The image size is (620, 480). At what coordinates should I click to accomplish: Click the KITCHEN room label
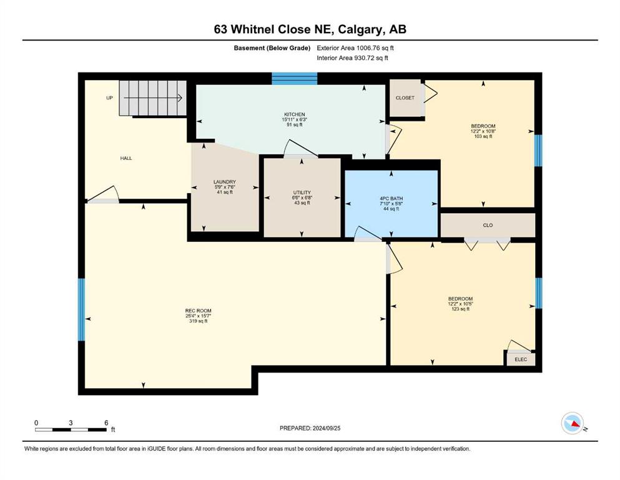coord(295,114)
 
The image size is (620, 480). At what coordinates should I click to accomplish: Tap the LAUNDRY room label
coord(225,182)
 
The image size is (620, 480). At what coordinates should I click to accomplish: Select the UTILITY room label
coord(302,192)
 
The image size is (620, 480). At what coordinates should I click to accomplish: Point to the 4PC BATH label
coord(391,199)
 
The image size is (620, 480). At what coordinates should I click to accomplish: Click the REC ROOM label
coord(199,311)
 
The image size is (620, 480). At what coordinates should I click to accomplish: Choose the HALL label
coord(126,158)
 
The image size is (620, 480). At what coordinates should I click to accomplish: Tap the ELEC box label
coord(521,359)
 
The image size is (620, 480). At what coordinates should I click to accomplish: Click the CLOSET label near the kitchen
coord(405,97)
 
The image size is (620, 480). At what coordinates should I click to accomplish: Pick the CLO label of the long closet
coord(488,225)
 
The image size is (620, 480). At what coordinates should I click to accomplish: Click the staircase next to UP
coord(153,98)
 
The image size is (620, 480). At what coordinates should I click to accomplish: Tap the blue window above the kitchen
coord(295,78)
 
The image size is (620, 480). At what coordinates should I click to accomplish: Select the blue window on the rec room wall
coord(81,309)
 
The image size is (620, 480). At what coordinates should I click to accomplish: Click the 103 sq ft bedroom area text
coord(483,136)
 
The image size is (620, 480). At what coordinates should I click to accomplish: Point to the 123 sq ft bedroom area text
coord(461,309)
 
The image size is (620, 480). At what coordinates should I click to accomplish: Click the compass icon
coord(572,423)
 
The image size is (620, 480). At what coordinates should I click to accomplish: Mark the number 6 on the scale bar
coord(106,422)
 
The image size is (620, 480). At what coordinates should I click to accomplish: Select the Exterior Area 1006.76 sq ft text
coord(355,48)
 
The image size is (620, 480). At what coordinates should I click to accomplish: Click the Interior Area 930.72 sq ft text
coord(352,57)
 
